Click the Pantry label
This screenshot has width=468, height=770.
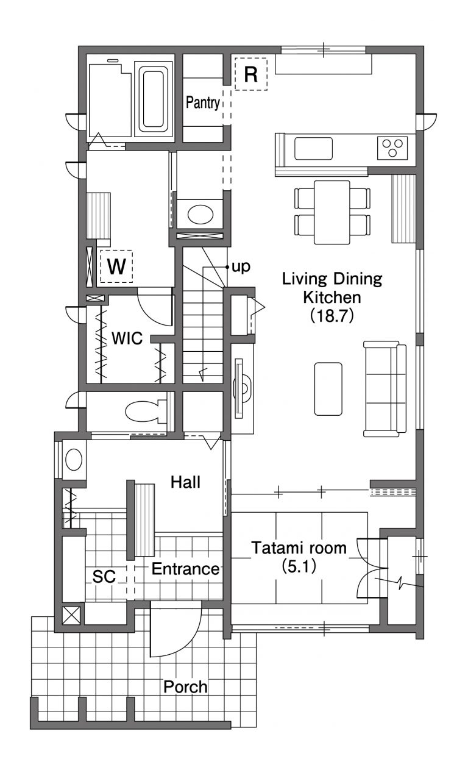coord(203,102)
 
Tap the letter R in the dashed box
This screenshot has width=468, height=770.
coord(251,74)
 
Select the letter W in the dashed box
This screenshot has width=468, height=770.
coord(116,266)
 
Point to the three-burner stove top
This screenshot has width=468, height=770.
coord(392,148)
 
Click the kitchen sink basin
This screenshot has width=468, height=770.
coord(313,149)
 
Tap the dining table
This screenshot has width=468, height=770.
coord(332,212)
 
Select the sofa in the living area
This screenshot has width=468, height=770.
coord(385,389)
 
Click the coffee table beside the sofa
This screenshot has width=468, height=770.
coord(328,389)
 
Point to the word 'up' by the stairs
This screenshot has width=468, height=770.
coord(241,267)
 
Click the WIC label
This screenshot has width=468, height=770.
coord(127,338)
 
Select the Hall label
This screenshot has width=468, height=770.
coord(185,482)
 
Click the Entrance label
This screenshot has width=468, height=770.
coord(185,569)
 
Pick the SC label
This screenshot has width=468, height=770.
coord(104,577)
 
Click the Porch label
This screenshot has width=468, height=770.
coord(185,687)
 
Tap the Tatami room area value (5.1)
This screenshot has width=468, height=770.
coord(299,567)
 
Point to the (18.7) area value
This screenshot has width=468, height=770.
coord(332,316)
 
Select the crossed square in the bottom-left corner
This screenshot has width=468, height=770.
coord(71,616)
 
